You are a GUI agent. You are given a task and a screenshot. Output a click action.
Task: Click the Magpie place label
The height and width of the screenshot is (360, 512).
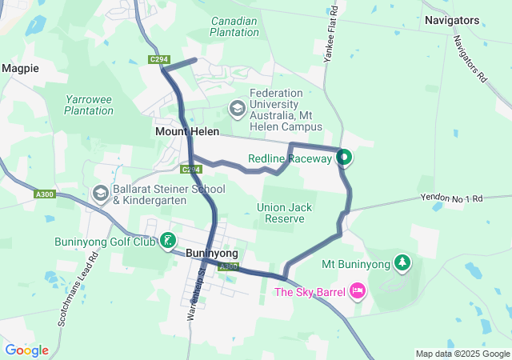click(x=20, y=69)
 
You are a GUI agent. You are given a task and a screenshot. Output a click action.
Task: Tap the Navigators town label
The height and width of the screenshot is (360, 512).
click(x=452, y=20)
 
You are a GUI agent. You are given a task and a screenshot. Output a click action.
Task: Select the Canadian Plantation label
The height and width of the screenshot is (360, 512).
click(x=234, y=26)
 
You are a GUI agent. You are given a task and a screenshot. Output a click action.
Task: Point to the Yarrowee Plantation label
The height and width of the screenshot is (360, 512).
click(x=89, y=105)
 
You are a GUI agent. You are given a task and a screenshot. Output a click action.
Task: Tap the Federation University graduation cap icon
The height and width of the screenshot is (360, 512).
click(x=238, y=107)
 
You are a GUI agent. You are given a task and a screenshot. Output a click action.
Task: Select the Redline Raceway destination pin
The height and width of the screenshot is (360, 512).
click(x=344, y=158)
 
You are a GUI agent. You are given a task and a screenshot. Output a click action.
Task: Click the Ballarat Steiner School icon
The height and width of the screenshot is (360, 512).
click(x=101, y=194)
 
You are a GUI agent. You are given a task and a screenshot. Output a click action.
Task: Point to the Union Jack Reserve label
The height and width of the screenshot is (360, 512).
click(x=286, y=213)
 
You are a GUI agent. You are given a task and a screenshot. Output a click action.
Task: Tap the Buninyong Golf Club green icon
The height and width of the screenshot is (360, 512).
click(x=167, y=241)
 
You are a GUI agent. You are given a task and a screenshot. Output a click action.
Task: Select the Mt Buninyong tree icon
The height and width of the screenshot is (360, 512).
click(x=402, y=263)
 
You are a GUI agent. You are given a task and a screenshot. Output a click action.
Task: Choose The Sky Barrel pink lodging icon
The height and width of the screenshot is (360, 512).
click(x=357, y=291)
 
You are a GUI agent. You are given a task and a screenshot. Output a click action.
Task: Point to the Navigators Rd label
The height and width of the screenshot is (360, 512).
click(x=470, y=60)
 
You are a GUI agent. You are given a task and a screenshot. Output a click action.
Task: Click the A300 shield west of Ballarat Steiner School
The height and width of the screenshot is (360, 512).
click(x=45, y=194)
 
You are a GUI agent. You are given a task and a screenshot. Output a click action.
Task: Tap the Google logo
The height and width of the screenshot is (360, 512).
click(x=26, y=350)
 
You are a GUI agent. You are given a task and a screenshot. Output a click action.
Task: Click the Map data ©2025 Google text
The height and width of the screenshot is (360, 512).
click(x=462, y=354)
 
